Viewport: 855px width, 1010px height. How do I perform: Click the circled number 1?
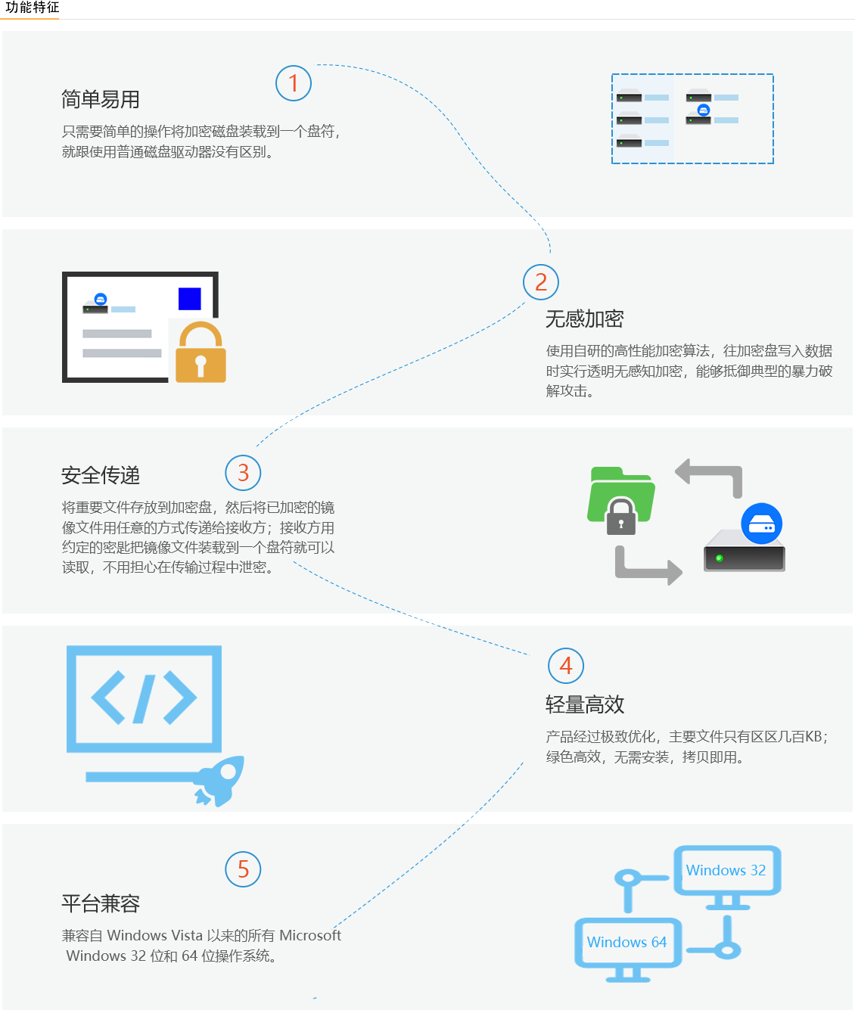(x=294, y=83)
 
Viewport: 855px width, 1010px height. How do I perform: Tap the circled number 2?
(x=541, y=282)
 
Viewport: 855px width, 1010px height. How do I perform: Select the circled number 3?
(x=243, y=473)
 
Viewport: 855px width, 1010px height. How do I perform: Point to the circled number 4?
(x=566, y=666)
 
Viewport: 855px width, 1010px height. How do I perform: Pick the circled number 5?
(x=243, y=869)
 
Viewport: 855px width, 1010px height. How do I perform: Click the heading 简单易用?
(x=100, y=99)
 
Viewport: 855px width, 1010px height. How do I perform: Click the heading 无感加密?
(x=584, y=319)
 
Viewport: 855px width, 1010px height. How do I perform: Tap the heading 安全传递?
(x=100, y=475)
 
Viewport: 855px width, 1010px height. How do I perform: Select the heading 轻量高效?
(x=584, y=704)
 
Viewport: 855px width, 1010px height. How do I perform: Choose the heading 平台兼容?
(x=100, y=903)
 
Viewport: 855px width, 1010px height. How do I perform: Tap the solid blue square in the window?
(x=189, y=299)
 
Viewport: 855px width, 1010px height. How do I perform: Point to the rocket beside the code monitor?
(x=221, y=781)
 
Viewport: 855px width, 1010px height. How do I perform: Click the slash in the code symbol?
(x=145, y=698)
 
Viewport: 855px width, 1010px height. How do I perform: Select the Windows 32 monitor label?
(x=726, y=870)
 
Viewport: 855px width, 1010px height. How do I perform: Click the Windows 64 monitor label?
(x=626, y=942)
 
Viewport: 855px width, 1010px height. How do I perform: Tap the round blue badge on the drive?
(x=761, y=524)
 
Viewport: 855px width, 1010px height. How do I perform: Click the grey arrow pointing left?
(x=707, y=477)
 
